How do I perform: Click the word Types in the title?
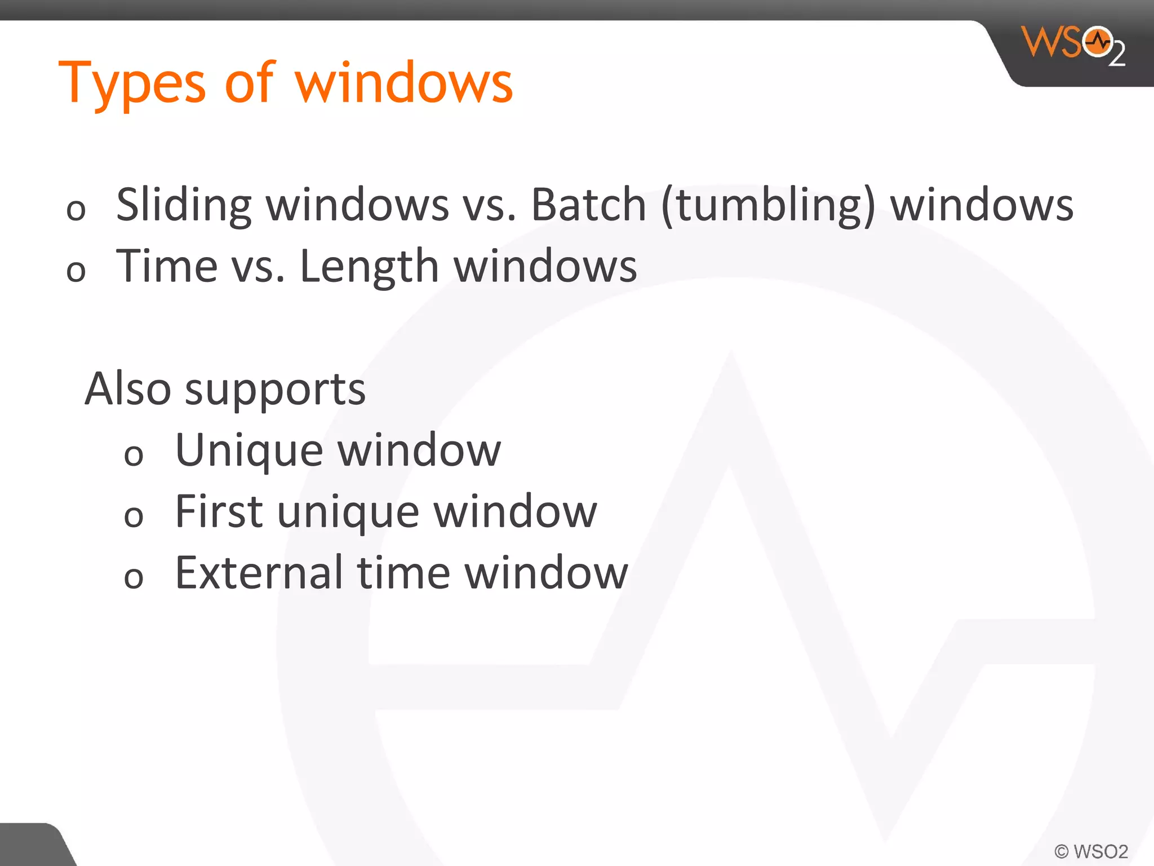coord(132,85)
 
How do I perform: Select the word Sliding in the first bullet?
coord(184,205)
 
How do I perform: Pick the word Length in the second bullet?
coord(369,266)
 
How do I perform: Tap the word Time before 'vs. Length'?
coord(167,266)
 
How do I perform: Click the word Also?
coord(128,388)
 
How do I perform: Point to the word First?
coord(219,511)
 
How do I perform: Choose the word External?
coord(259,573)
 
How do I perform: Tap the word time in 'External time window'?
coord(403,573)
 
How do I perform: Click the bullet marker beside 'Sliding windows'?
coord(76,210)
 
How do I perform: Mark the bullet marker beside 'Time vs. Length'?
coord(76,271)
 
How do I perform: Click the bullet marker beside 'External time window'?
coord(134,578)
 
